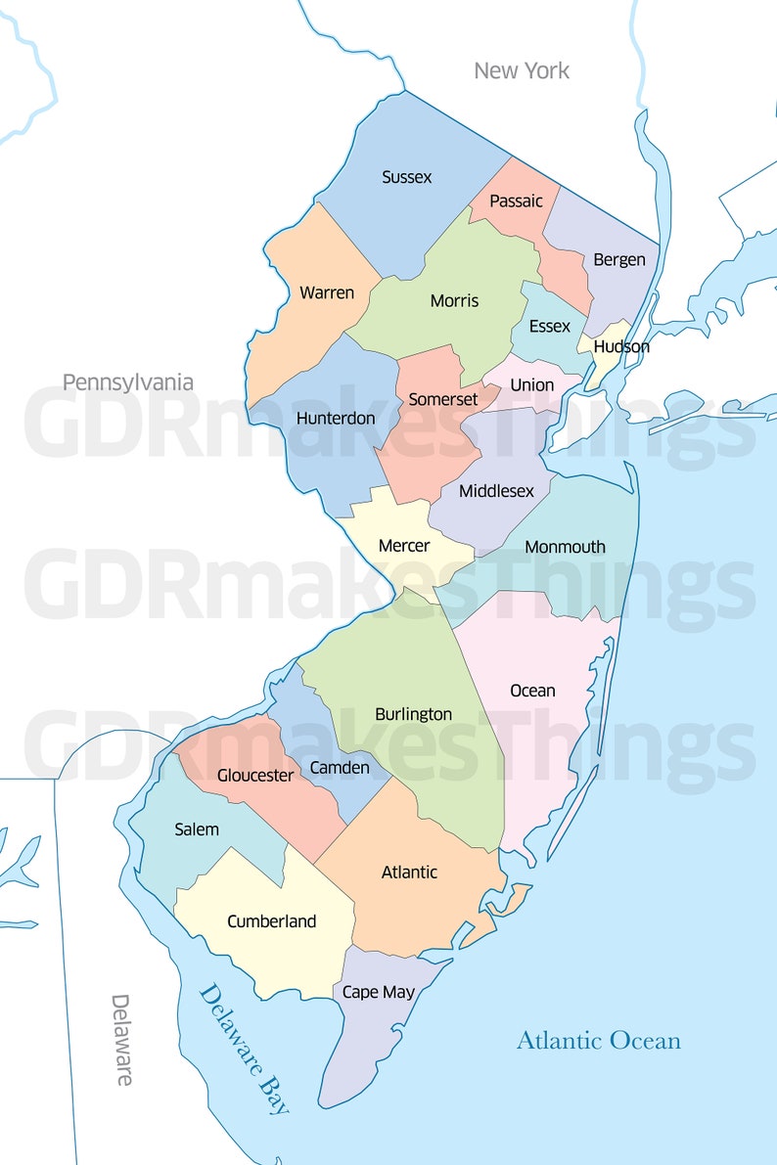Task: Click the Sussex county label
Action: click(407, 177)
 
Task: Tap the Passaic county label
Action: click(516, 201)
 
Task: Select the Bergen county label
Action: click(619, 259)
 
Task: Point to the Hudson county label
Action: click(621, 346)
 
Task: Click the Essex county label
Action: click(549, 326)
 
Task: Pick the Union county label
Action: click(532, 384)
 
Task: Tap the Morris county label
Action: click(454, 300)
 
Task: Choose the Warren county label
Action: click(327, 292)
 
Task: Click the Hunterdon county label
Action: click(336, 418)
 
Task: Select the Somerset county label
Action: click(443, 399)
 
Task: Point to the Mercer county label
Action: click(404, 545)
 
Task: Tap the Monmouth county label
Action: click(565, 547)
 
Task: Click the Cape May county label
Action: click(379, 992)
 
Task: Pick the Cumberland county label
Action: click(271, 920)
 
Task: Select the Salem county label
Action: click(197, 829)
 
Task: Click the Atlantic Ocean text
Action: click(598, 1040)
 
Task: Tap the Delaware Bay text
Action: click(245, 1049)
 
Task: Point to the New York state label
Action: click(522, 70)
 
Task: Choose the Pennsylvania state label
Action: click(128, 381)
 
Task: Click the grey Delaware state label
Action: click(121, 1040)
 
